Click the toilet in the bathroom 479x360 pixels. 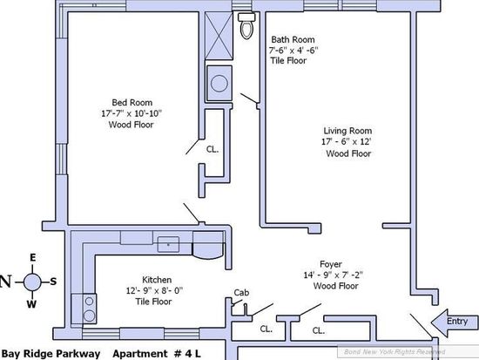pos(246,25)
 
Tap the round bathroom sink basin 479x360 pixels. pos(219,83)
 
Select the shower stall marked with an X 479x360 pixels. pos(219,36)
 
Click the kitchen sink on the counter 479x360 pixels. pos(168,244)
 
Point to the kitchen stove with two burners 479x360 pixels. pos(84,309)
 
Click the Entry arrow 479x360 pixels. pos(455,323)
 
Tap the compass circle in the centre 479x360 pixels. pos(32,282)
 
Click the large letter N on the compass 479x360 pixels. pos(6,282)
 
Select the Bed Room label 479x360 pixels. pos(132,103)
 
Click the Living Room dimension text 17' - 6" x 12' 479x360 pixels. pos(347,141)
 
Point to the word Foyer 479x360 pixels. pos(331,264)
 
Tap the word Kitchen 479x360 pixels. pos(157,280)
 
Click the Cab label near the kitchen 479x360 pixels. pos(241,293)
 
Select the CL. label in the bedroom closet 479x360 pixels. pos(213,149)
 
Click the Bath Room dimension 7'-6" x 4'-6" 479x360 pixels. pos(293,50)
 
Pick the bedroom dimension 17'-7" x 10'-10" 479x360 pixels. pos(132,113)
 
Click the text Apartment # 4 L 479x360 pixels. pos(157,354)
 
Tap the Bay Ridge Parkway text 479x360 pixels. pos(51,354)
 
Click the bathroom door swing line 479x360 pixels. pos(249,98)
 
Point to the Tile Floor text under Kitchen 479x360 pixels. pos(153,302)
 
